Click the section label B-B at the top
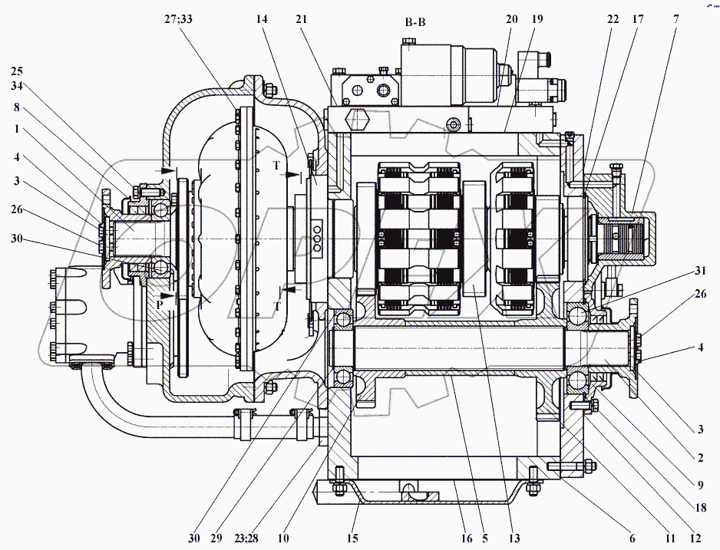tap(415, 22)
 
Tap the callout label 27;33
tap(178, 19)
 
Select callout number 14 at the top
tap(262, 19)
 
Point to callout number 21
tap(302, 19)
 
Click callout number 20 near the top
tap(512, 19)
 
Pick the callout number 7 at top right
tap(676, 19)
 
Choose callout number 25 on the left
tap(17, 71)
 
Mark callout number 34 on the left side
tap(17, 85)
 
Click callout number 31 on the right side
tap(700, 271)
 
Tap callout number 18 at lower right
tap(700, 508)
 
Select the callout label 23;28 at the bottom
tap(246, 538)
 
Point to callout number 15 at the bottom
tap(352, 538)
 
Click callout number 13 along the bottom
tap(514, 538)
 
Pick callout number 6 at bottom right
tap(632, 538)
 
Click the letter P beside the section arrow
tap(160, 305)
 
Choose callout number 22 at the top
tap(613, 19)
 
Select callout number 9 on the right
tap(700, 484)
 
